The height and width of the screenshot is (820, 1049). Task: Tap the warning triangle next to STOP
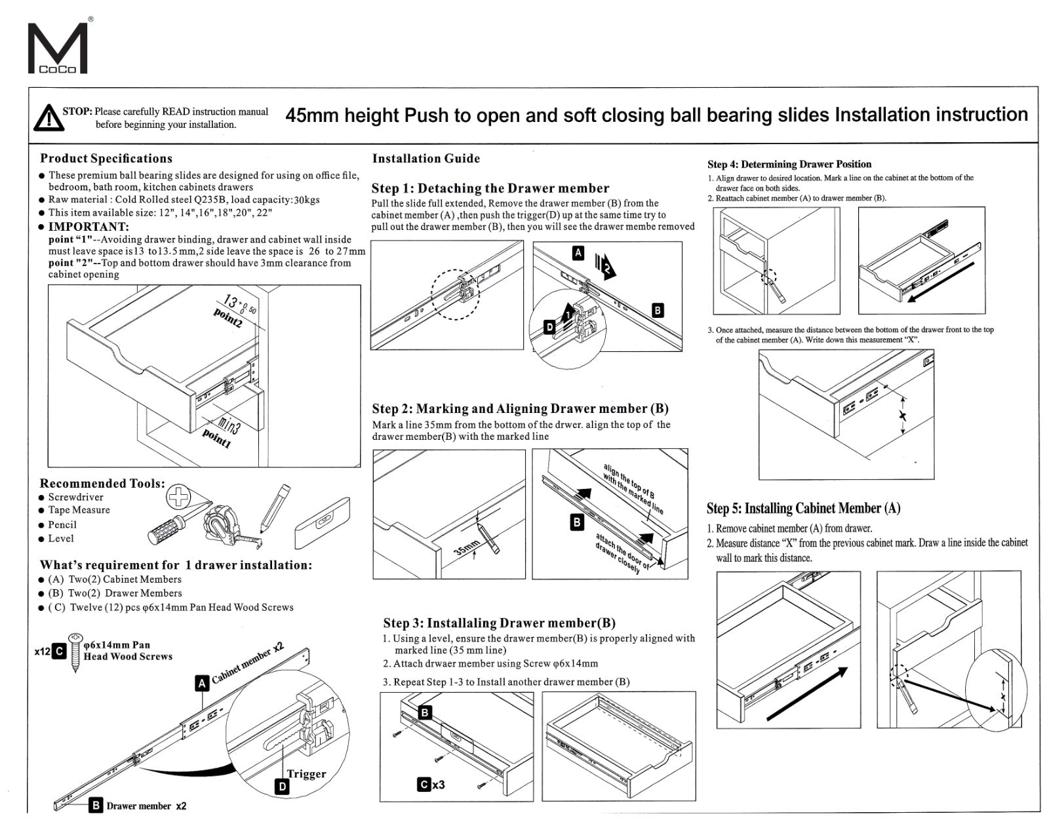(x=46, y=118)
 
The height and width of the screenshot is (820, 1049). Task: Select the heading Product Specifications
(x=106, y=159)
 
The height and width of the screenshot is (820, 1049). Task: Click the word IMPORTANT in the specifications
(x=89, y=227)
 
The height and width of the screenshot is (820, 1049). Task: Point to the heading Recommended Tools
(x=102, y=484)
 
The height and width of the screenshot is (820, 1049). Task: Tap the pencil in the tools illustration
(x=275, y=507)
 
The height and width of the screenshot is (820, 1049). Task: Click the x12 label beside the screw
(x=42, y=652)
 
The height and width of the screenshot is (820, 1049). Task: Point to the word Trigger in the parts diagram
(x=306, y=774)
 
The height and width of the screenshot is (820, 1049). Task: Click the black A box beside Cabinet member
(x=203, y=684)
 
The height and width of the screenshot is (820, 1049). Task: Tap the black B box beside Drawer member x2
(x=96, y=806)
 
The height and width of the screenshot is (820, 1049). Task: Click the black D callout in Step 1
(x=550, y=327)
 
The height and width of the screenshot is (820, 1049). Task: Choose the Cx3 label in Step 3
(x=431, y=784)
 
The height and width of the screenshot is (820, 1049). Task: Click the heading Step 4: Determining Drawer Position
(x=789, y=165)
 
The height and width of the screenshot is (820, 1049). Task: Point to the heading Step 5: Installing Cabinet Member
(x=803, y=509)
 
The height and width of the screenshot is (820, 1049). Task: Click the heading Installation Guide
(x=426, y=159)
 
